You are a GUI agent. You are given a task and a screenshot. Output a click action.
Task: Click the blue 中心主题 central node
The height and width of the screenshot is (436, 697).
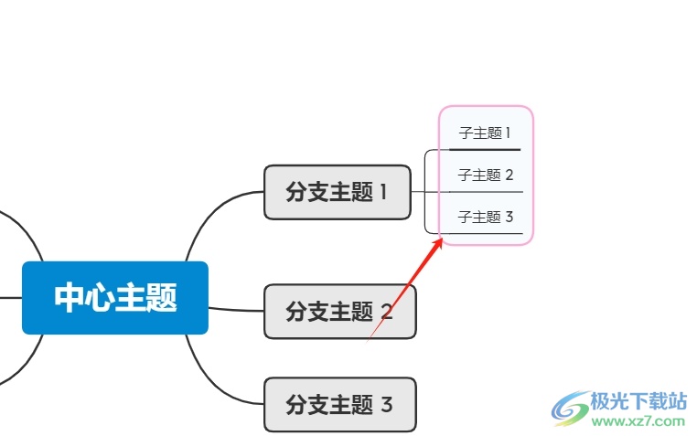click(x=115, y=298)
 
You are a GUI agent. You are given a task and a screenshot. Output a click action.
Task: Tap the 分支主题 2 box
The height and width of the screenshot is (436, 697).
click(x=339, y=312)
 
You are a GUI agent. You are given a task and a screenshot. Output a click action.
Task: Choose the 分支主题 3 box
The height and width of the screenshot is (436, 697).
click(x=339, y=404)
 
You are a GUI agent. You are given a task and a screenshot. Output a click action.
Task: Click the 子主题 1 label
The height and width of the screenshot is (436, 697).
click(x=485, y=133)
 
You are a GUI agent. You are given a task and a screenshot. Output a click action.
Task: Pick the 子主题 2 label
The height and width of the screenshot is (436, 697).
click(x=486, y=175)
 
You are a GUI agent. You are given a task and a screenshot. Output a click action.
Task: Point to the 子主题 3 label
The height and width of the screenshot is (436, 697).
click(x=486, y=217)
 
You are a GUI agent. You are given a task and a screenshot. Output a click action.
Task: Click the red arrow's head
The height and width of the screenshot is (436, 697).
click(x=440, y=240)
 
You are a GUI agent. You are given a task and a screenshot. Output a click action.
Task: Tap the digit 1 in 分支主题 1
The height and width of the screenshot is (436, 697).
click(x=383, y=192)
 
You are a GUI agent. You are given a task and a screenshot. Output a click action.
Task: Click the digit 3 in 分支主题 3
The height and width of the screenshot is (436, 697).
click(x=386, y=404)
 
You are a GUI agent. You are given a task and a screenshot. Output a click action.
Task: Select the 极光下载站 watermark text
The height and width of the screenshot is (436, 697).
click(x=639, y=401)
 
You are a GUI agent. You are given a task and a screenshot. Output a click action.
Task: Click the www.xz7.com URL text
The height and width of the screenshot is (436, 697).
click(x=638, y=422)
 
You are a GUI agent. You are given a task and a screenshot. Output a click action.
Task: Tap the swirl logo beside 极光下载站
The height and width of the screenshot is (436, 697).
click(x=571, y=409)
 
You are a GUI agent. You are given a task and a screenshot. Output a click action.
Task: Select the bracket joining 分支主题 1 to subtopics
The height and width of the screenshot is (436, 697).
click(x=426, y=192)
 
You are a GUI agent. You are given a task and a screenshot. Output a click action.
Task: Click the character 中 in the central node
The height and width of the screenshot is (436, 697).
click(x=70, y=298)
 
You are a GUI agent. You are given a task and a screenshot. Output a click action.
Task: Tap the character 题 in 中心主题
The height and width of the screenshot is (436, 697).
click(x=161, y=298)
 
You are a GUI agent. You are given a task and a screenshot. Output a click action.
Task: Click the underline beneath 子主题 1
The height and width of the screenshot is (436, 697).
click(x=485, y=149)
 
